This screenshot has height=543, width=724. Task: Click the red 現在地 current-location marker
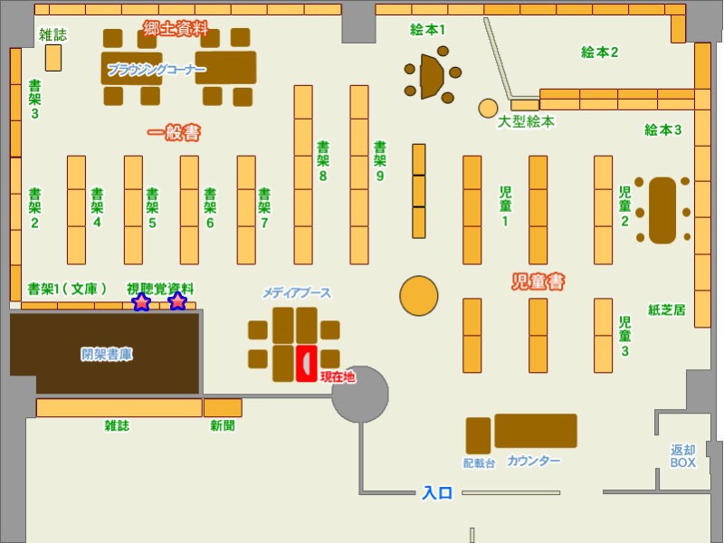[307, 364]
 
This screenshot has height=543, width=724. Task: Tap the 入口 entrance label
[437, 493]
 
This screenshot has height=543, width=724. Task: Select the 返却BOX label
[683, 456]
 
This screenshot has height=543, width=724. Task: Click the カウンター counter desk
[535, 431]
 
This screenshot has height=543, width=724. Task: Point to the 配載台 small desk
[478, 435]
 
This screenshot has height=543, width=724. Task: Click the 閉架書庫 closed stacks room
[106, 354]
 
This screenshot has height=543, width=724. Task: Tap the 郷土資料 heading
[176, 29]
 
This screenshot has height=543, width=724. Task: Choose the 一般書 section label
[174, 133]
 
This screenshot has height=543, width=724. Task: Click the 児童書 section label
[538, 282]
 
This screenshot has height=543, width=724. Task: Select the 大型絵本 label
[526, 121]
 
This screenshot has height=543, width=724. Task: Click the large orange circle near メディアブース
[419, 296]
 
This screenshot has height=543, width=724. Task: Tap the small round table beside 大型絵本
[489, 109]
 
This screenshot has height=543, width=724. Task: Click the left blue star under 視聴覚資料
[141, 302]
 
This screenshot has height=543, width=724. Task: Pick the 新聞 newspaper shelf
[223, 408]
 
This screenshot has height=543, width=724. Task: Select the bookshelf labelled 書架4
[76, 210]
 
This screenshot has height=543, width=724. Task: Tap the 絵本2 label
[599, 52]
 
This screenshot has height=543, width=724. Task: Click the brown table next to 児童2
[662, 210]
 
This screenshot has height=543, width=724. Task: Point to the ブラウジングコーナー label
[157, 70]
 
